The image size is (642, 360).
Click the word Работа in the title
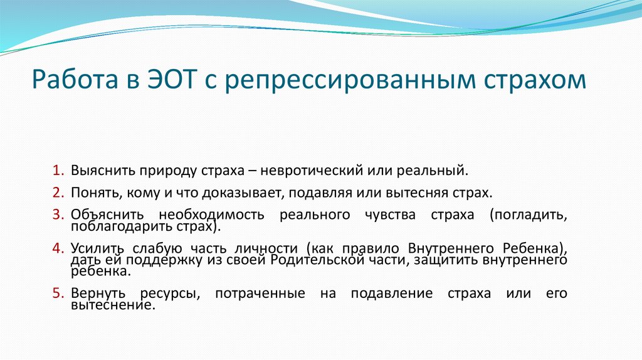[70, 82]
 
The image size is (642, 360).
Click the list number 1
[56, 170]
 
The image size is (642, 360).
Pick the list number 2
[56, 191]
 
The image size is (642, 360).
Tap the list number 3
[56, 215]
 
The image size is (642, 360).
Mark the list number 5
[56, 293]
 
